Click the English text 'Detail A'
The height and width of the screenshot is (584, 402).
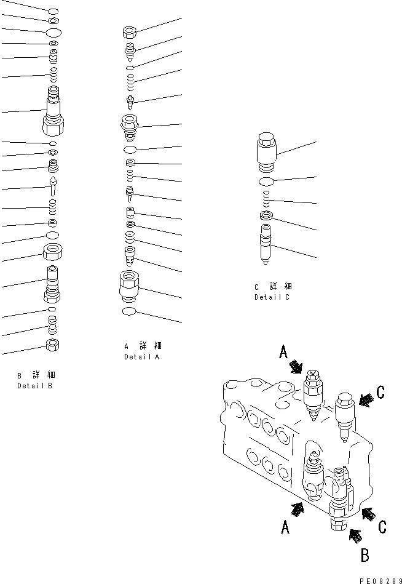pos(141,357)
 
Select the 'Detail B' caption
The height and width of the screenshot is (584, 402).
pos(34,386)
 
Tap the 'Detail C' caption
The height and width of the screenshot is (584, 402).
pos(272,297)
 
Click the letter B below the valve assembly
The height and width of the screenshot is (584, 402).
pos(365,556)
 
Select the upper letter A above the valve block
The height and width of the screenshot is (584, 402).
pos(283,352)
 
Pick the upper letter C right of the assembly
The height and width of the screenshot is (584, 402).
pos(380,392)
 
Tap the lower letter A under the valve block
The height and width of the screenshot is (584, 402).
pos(285,527)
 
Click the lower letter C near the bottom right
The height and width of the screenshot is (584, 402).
pos(382,527)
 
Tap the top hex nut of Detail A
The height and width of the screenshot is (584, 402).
pos(130,31)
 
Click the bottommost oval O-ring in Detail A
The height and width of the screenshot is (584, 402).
pos(131,311)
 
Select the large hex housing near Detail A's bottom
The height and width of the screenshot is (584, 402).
pos(130,285)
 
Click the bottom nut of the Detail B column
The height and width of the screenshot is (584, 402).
pos(53,345)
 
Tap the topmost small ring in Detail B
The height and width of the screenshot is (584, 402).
pos(53,11)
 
